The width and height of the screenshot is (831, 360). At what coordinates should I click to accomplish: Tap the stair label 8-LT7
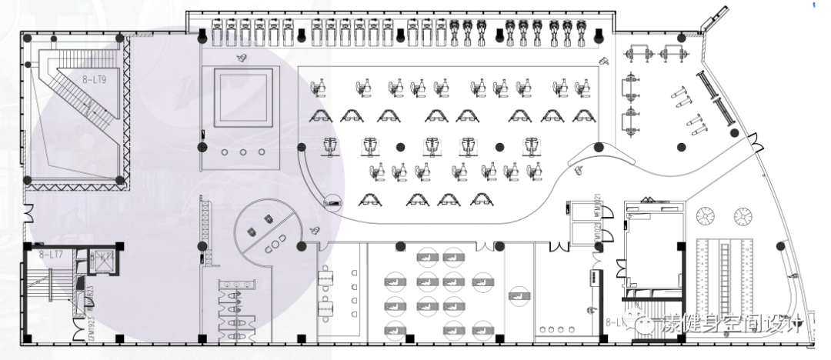(52, 253)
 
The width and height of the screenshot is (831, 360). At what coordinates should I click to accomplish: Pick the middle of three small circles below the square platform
(243, 152)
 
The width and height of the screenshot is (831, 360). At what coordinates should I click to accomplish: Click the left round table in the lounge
(703, 216)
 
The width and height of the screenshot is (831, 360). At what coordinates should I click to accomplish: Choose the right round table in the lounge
(742, 215)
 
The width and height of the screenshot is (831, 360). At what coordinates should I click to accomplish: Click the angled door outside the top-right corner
(714, 18)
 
